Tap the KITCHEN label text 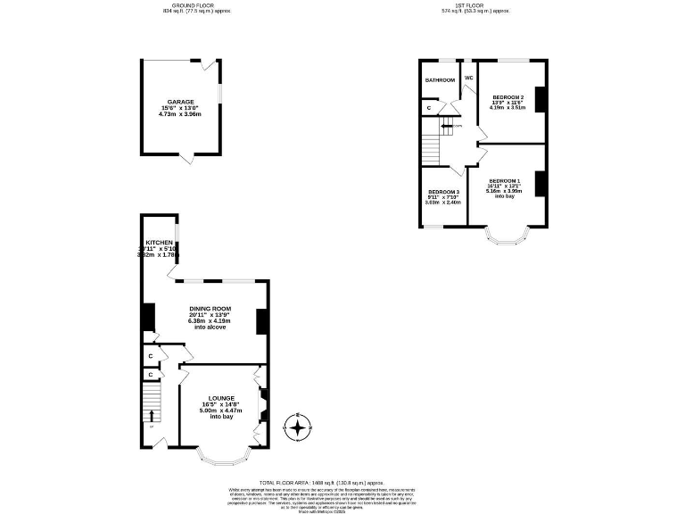tap(160, 242)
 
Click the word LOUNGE tap(221, 398)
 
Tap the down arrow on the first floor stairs tap(446, 126)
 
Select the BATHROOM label tap(439, 80)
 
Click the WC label tap(468, 78)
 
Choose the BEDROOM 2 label tap(508, 96)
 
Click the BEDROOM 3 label tap(443, 192)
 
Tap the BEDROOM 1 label tap(504, 181)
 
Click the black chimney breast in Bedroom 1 tap(540, 183)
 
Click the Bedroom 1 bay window tap(507, 236)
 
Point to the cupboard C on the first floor tap(429, 108)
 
